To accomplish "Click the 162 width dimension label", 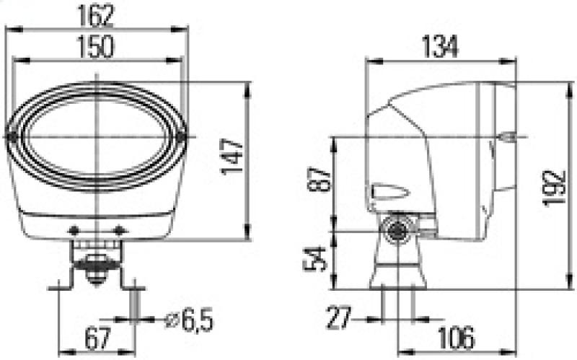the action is pyautogui.click(x=97, y=15).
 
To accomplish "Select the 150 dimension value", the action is pyautogui.click(x=97, y=47).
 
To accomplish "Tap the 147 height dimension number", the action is pyautogui.click(x=232, y=157).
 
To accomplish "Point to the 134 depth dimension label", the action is pyautogui.click(x=440, y=47).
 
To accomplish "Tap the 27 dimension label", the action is pyautogui.click(x=339, y=317).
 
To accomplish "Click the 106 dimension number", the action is pyautogui.click(x=457, y=338).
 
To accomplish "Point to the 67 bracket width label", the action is pyautogui.click(x=98, y=338).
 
